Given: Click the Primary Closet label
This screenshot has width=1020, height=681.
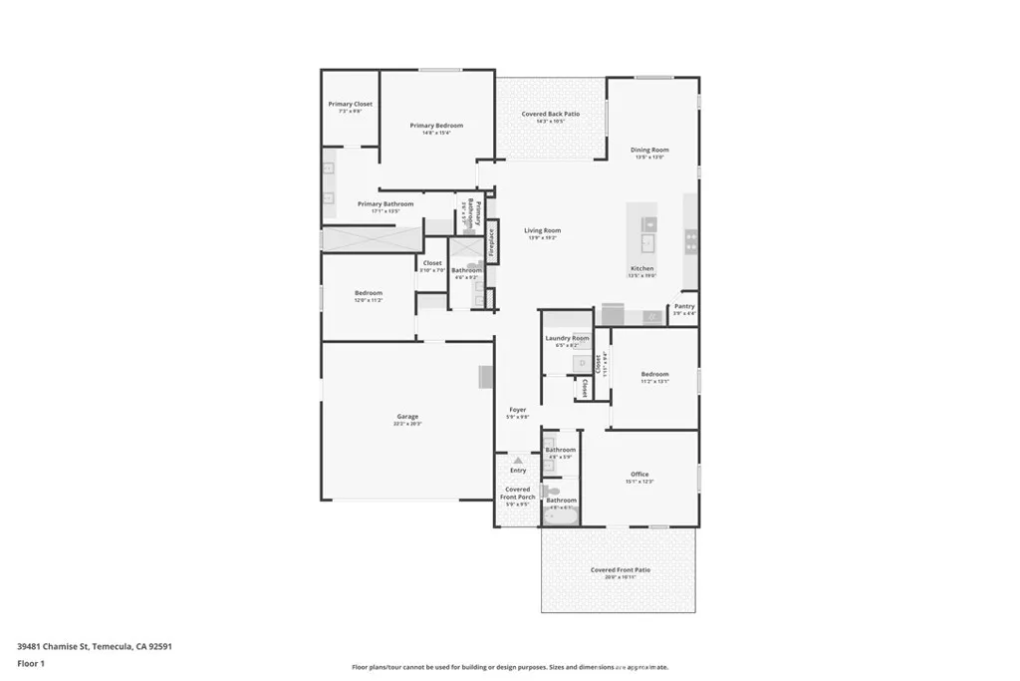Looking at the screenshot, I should [350, 104].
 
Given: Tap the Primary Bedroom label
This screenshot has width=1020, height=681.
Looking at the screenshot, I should [436, 126].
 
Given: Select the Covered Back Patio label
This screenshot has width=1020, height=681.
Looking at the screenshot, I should [551, 115].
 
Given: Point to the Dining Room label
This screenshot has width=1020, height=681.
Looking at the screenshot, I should [649, 151].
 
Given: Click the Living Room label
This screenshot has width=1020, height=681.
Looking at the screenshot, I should [542, 230].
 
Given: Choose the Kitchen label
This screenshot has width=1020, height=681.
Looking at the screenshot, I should [642, 269].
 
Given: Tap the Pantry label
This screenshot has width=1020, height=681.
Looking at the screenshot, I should [684, 307].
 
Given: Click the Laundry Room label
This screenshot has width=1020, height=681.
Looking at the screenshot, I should [567, 338].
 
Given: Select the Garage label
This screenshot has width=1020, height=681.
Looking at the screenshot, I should [407, 417].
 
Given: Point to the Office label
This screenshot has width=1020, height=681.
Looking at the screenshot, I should [639, 475].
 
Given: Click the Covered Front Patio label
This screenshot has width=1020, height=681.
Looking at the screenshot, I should [620, 570].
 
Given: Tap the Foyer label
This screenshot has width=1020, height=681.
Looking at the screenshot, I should [518, 410].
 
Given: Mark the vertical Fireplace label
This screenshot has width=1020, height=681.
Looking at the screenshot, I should [491, 245].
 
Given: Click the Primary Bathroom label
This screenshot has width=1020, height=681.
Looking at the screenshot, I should [385, 204].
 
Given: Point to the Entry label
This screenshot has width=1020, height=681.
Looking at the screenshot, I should [518, 470].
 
